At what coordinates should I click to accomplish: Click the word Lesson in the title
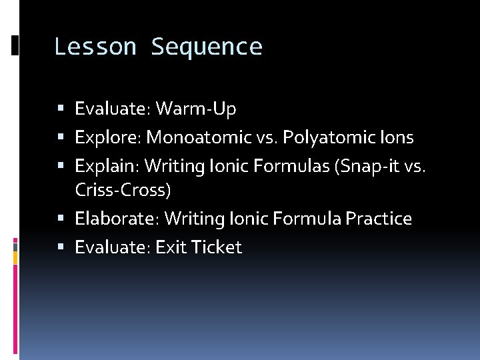coord(95,47)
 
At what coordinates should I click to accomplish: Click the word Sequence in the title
coord(207,47)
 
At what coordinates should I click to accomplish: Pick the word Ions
coord(397,138)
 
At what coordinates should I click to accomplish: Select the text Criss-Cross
coord(123,190)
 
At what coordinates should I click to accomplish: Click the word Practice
coord(377,219)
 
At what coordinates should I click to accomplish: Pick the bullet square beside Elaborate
coord(61,219)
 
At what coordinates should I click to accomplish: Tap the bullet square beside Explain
coord(61,165)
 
